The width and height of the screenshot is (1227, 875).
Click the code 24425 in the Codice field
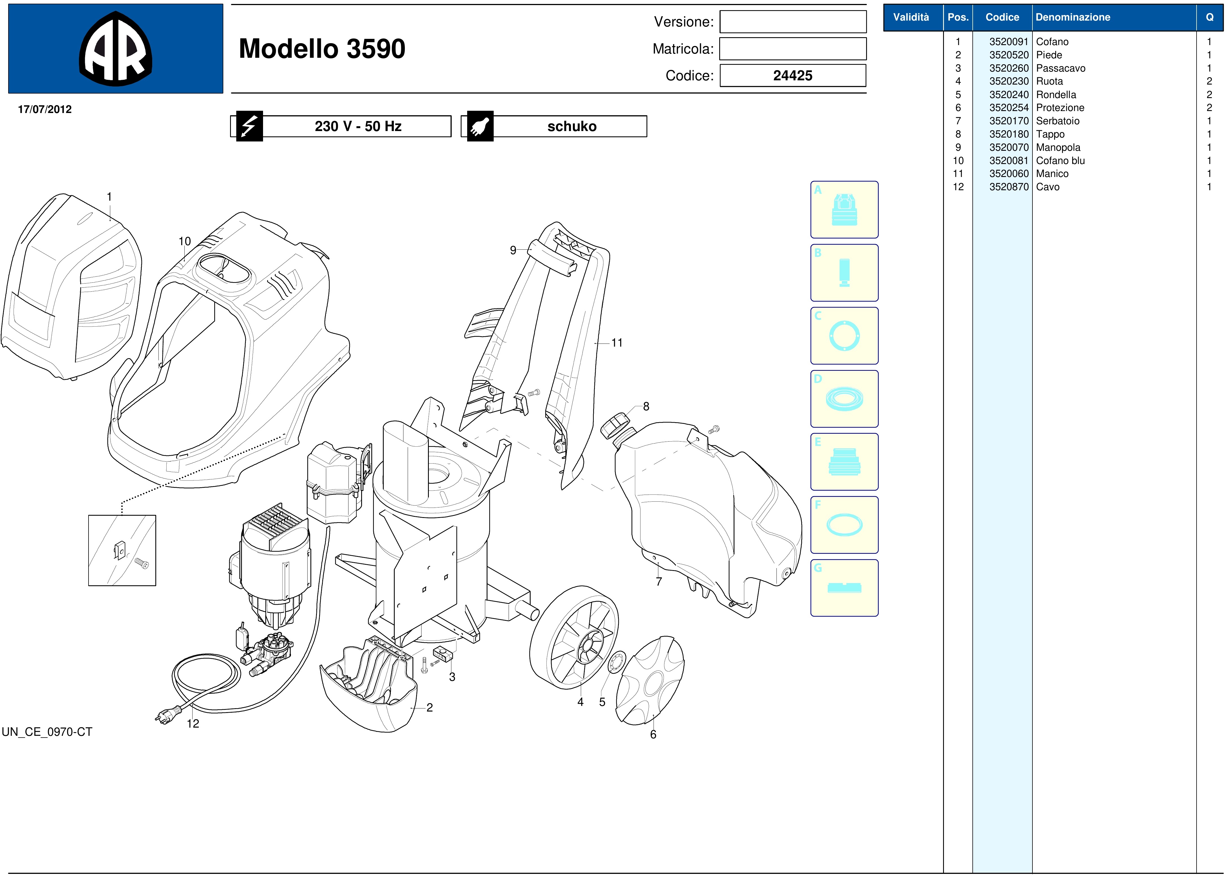click(x=793, y=76)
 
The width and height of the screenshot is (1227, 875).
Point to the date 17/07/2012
click(x=45, y=109)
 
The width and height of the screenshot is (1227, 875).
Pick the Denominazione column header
click(x=1073, y=17)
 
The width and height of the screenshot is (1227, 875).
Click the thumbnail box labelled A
click(x=844, y=210)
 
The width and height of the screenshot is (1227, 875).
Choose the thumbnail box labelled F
click(x=844, y=525)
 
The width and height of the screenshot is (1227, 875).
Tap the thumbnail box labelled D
click(x=844, y=399)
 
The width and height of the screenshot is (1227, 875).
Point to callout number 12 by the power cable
click(x=193, y=724)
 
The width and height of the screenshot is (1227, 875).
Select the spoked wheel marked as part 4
click(x=574, y=637)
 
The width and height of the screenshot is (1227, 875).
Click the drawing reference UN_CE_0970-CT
click(x=47, y=732)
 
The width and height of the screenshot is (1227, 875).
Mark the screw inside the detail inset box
click(x=142, y=564)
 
